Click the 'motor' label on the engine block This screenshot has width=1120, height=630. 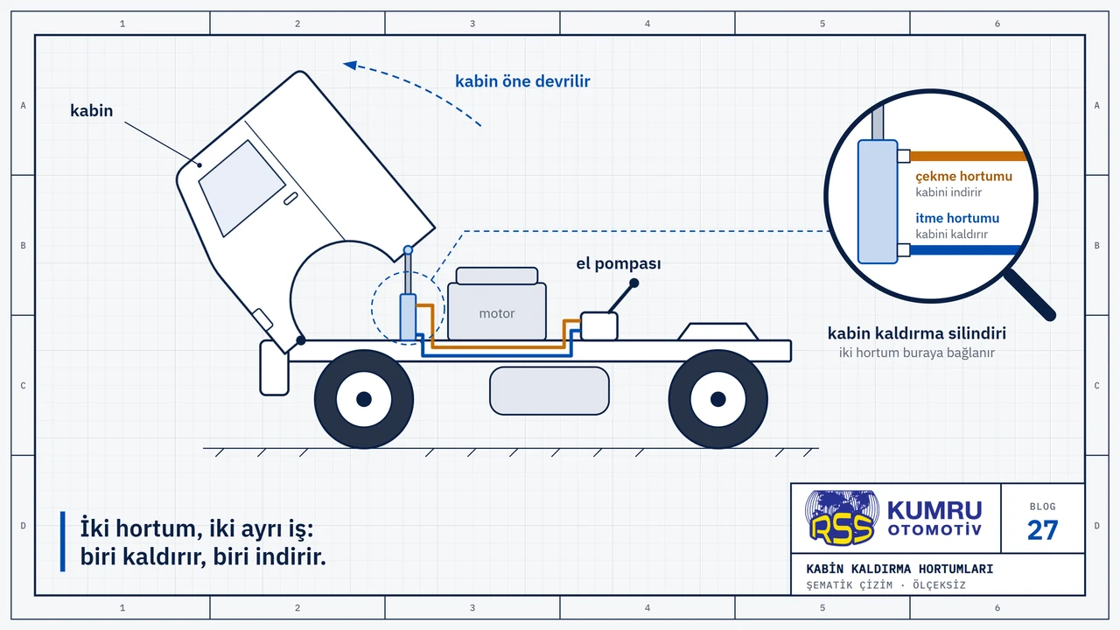click(x=496, y=313)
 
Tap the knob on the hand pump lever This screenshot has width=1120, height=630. click(x=634, y=283)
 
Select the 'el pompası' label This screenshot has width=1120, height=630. click(x=619, y=263)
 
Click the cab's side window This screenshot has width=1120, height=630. click(x=242, y=188)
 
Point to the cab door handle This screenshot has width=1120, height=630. click(x=290, y=199)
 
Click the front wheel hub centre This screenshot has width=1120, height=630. click(x=364, y=400)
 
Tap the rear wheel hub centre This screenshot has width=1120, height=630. click(x=718, y=400)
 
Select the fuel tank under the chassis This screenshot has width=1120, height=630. click(x=549, y=391)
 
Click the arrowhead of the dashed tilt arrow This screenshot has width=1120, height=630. click(x=350, y=65)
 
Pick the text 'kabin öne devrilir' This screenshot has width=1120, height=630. click(x=522, y=81)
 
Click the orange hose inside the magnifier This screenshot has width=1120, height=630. click(x=968, y=156)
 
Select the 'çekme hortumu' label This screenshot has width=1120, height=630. click(x=963, y=176)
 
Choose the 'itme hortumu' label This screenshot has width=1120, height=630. click(x=957, y=218)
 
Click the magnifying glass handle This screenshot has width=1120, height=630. click(x=1030, y=295)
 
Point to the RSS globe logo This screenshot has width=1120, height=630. click(x=842, y=517)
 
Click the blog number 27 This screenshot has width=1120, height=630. click(x=1042, y=530)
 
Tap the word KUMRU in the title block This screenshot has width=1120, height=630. click(x=934, y=510)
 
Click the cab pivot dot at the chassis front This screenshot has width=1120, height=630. click(x=300, y=340)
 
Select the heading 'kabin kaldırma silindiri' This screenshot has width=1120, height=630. click(x=916, y=333)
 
